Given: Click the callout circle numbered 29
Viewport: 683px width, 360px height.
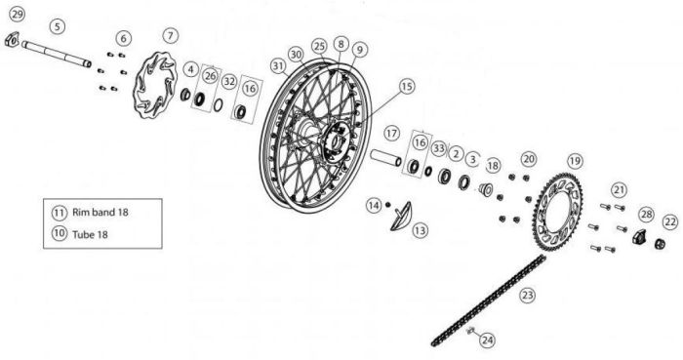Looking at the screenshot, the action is pos(17,15).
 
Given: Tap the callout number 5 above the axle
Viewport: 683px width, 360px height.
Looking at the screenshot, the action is pos(58,26).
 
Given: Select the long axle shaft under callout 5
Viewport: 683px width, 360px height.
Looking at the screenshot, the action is pos(57,54).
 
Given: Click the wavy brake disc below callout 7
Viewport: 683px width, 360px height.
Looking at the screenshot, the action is pos(155,85).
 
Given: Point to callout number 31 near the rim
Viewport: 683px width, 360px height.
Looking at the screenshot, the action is pos(278,66).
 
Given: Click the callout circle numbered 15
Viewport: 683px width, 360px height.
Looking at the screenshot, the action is pos(407,86).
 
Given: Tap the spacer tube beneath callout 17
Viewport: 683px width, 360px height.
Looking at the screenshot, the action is pos(386,158).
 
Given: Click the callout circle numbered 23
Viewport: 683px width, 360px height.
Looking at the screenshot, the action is pos(528,296).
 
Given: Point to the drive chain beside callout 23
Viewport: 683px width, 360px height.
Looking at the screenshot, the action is pos(488,300).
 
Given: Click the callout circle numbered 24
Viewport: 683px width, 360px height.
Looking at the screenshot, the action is pos(488,340).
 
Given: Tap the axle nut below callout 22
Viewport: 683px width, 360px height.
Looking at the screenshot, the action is pos(660,244).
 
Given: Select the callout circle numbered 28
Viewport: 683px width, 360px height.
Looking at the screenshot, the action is pos(647,215).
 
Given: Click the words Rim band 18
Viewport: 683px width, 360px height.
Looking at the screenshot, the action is pos(100,213).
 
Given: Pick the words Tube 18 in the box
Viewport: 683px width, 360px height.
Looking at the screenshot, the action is pos(90,234).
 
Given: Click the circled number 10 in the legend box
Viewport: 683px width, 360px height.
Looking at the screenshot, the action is pos(60,233).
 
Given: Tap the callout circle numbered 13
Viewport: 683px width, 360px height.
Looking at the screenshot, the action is pos(420,230).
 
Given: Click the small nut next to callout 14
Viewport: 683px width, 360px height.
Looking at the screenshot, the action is pos(387,204).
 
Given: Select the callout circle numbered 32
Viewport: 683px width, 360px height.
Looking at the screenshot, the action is pos(229,81).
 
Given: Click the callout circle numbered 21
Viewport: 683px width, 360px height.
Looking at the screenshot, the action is pos(619,190).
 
